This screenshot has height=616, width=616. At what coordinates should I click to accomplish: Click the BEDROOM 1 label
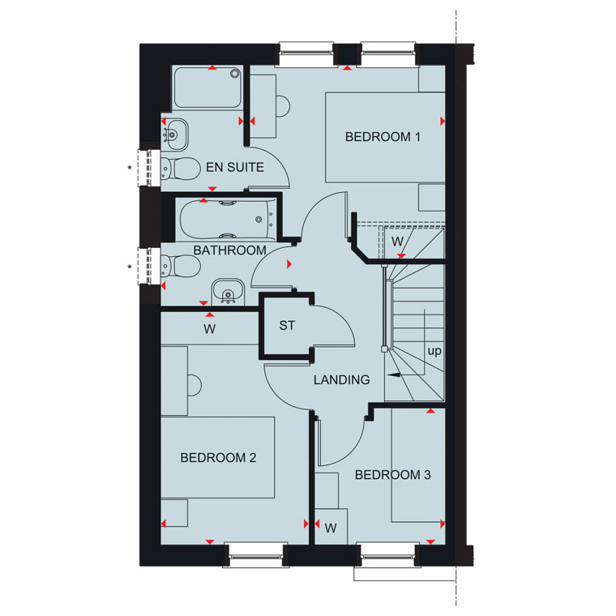(x=383, y=137)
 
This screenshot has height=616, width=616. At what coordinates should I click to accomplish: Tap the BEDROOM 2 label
(x=218, y=457)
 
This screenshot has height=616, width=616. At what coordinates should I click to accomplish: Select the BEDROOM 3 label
(x=392, y=475)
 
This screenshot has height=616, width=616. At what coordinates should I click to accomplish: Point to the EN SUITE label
(x=235, y=167)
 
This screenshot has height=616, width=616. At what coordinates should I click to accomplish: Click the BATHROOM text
(x=230, y=250)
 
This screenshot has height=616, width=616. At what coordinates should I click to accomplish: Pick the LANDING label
(x=342, y=379)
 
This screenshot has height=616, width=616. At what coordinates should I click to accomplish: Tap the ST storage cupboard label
(x=287, y=325)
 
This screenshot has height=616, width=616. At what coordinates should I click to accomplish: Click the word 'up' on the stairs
(x=434, y=351)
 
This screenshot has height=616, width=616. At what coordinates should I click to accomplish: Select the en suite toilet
(x=181, y=169)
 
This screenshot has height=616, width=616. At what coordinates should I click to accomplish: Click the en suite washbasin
(x=175, y=135)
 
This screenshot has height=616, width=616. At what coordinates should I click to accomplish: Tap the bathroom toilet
(x=181, y=266)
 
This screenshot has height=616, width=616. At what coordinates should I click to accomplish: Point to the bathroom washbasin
(x=228, y=292)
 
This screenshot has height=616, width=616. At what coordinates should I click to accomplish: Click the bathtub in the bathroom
(x=227, y=220)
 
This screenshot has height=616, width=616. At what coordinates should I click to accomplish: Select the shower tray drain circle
(x=235, y=73)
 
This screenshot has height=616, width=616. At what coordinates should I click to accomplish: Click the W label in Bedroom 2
(x=209, y=329)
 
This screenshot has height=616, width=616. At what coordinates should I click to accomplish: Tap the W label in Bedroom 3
(x=331, y=528)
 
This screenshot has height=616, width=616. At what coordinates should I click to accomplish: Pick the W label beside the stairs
(x=398, y=242)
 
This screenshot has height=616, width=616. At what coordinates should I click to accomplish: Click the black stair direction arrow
(x=394, y=374)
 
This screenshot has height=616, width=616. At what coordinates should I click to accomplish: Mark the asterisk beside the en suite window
(x=130, y=168)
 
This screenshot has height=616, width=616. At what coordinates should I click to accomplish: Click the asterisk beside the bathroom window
(x=130, y=267)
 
